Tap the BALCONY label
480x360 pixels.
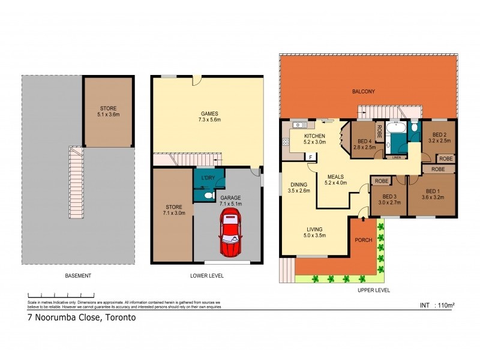tap(364, 91)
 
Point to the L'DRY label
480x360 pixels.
tap(208, 178)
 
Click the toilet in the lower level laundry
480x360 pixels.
tap(207, 195)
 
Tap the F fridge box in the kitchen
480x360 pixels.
tap(310, 157)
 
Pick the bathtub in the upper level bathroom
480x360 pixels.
tap(396, 128)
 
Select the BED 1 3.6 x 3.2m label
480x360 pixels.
tap(432, 193)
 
